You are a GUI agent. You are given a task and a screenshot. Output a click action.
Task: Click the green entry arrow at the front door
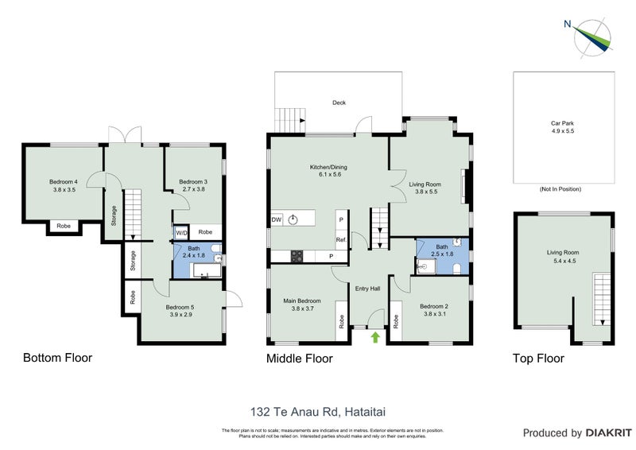(x=374, y=338)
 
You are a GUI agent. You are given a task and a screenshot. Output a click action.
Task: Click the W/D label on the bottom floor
(x=181, y=232)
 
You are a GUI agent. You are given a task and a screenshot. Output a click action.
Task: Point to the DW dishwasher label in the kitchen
(x=277, y=219)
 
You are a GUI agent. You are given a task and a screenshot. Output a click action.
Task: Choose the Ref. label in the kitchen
(x=340, y=239)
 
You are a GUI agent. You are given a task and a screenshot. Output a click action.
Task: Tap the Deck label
(x=339, y=103)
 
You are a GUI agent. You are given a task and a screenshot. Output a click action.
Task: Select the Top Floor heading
(x=538, y=359)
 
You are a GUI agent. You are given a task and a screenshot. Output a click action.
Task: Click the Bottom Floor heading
(x=57, y=358)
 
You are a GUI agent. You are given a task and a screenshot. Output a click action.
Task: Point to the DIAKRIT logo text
(x=609, y=433)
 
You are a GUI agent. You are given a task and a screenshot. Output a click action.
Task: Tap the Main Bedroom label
(x=302, y=301)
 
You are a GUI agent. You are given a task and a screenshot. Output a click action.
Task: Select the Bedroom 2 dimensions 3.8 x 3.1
(x=435, y=314)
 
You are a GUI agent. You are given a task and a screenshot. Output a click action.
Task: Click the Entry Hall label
(x=367, y=289)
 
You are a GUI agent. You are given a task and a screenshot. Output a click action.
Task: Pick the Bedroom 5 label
(x=180, y=307)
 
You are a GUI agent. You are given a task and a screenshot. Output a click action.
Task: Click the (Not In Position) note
(x=560, y=189)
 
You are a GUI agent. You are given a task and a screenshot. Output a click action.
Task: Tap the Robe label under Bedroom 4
(x=62, y=227)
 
